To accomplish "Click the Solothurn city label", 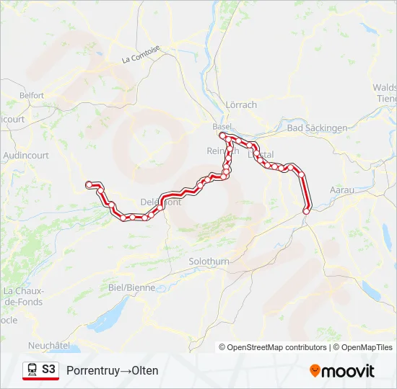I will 209,261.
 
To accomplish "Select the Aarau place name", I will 341,189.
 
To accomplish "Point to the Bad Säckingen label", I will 317,128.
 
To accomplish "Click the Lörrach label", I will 241,104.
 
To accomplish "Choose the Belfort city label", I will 32,95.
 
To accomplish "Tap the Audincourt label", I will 26,155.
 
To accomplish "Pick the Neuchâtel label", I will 49,346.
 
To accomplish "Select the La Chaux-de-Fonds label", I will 24,296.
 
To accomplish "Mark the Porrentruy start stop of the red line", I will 90,185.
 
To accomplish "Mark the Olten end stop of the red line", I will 307,211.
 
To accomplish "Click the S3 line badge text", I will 48,370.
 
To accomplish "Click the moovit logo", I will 342,371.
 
